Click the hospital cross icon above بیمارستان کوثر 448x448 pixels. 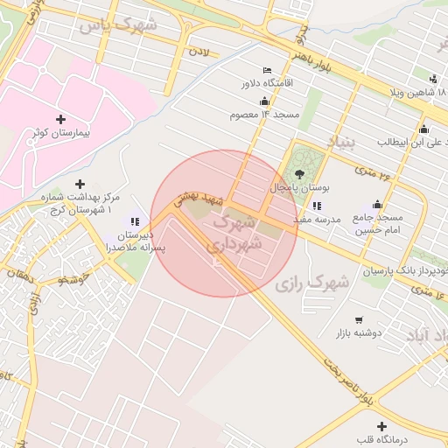coord(60,118)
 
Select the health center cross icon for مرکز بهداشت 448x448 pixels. coord(80,184)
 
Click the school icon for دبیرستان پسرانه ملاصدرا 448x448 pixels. coord(135,222)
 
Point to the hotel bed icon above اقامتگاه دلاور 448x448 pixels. coord(267,71)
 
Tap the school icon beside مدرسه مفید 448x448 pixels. coord(316,206)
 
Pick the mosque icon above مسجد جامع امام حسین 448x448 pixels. coord(377,203)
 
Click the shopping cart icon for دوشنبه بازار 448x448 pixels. coord(358,321)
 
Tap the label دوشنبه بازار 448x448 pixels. coord(357,334)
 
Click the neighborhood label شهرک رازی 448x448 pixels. coord(311,283)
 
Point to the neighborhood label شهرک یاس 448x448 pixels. coord(117,25)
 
